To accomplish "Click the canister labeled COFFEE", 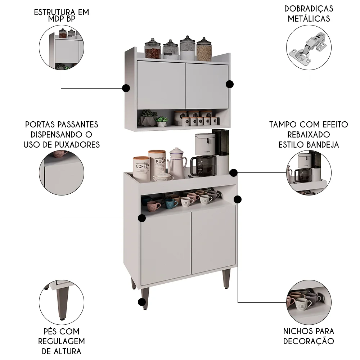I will [x=141, y=167].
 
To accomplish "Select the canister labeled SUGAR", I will [x=157, y=163].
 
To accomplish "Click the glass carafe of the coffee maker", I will [x=203, y=165].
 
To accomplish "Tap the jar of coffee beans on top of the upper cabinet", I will [x=152, y=49].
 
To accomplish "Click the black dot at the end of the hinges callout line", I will [x=230, y=84].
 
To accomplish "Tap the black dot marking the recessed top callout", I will [x=234, y=172].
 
